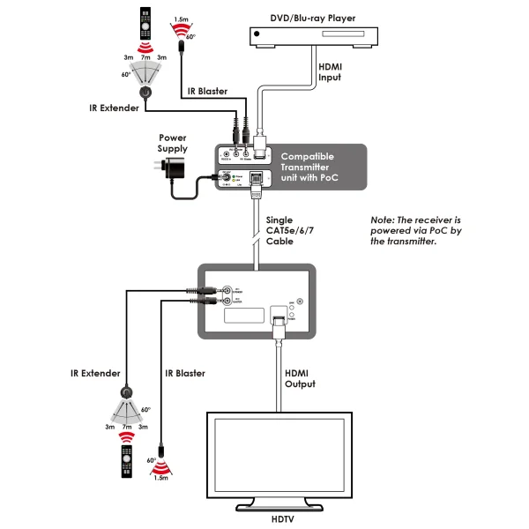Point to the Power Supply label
[173, 143]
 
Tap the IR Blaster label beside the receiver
[184, 373]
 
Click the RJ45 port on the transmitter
[257, 177]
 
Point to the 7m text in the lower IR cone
[128, 427]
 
